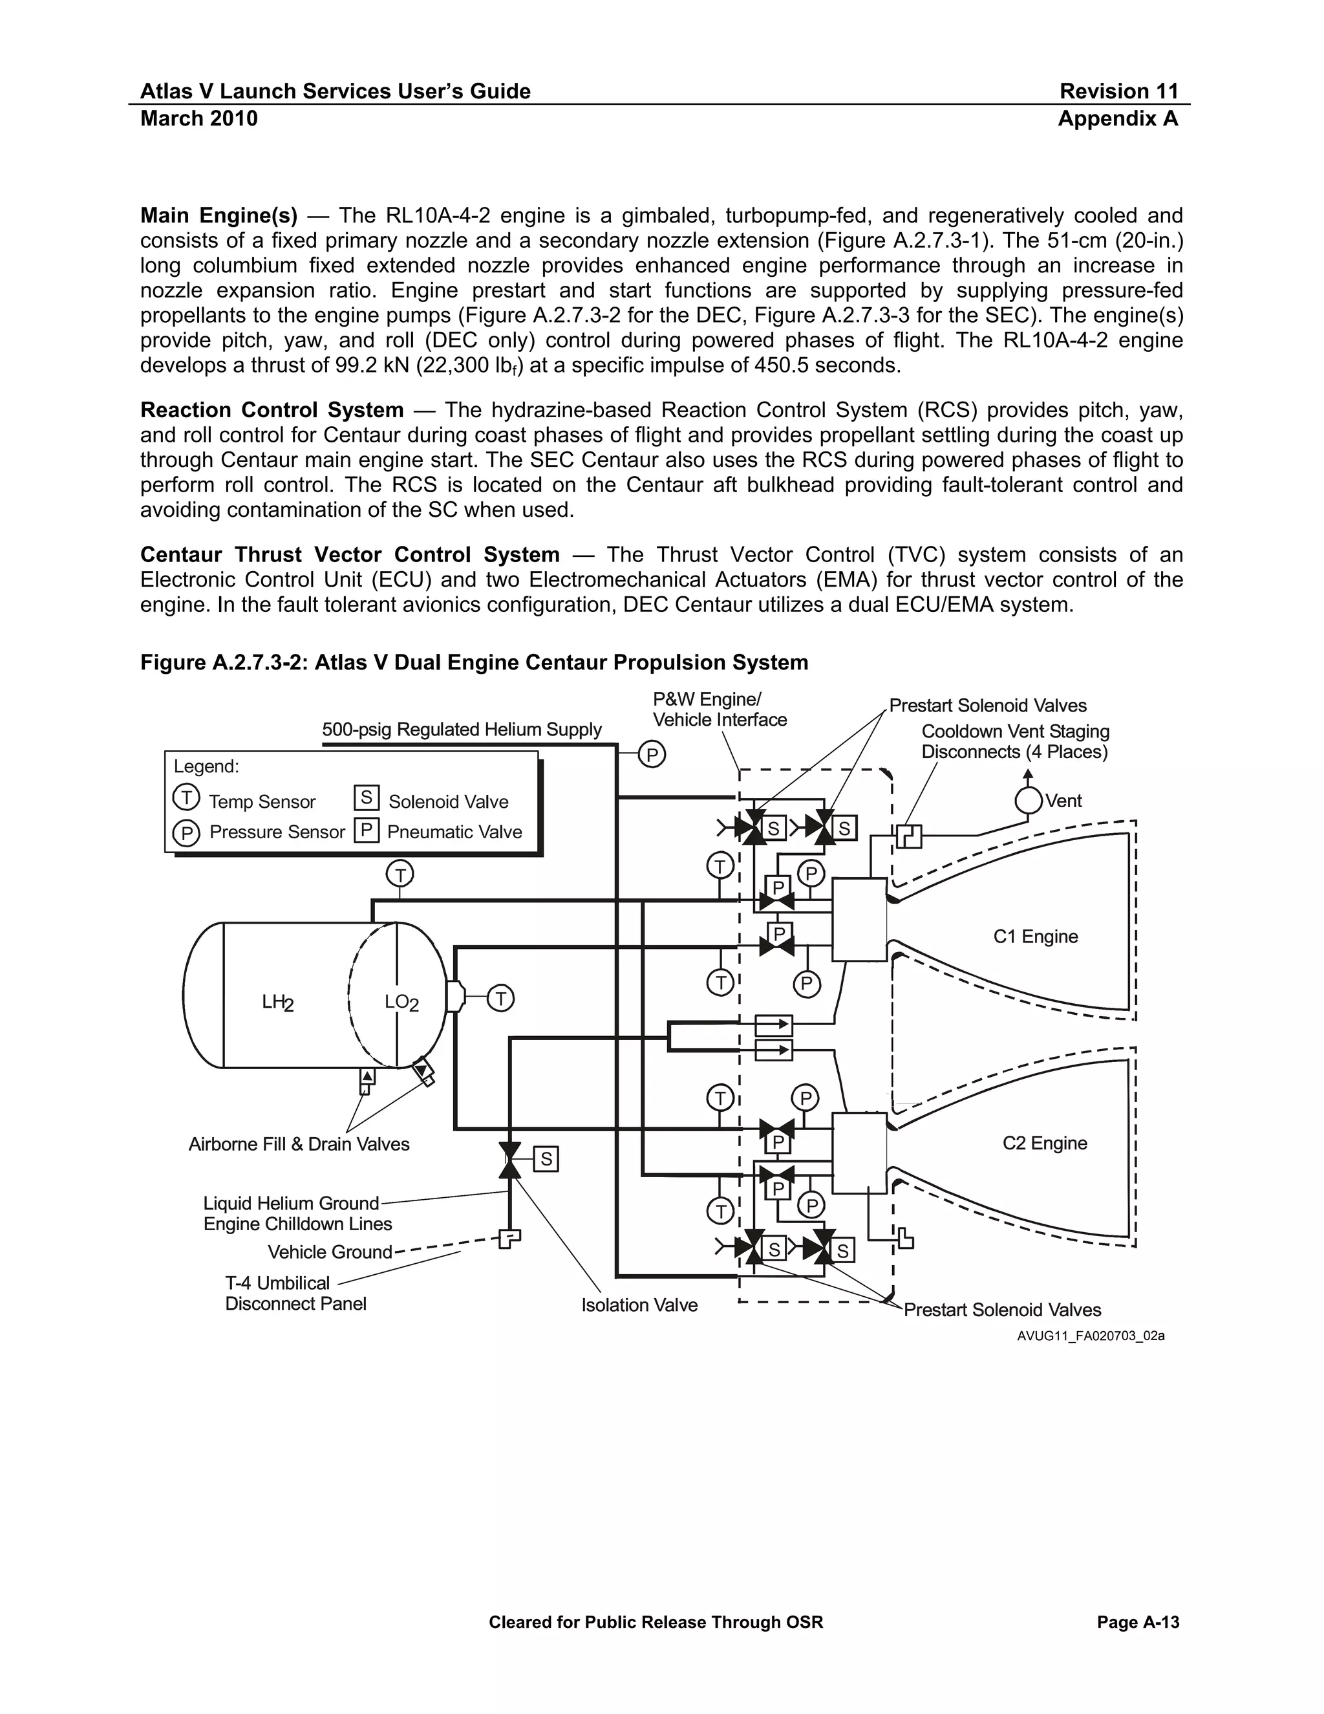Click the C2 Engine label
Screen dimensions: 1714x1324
tap(1044, 1143)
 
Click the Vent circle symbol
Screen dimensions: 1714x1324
tap(1029, 801)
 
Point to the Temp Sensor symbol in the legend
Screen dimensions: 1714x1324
tap(186, 797)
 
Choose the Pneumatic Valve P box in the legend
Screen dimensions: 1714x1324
tap(367, 830)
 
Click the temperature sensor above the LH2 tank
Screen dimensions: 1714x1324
tap(400, 873)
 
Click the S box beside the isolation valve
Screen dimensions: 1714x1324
tap(546, 1158)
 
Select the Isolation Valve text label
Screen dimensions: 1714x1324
tap(639, 1305)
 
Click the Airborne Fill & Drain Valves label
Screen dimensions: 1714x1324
tap(299, 1144)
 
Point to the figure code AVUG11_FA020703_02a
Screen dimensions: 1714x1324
tap(1090, 1336)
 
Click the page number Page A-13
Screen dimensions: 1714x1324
tap(1137, 1622)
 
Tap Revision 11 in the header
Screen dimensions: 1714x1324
tap(1118, 91)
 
